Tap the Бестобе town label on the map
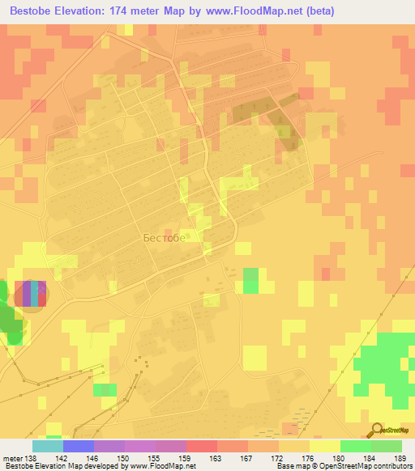click(x=164, y=238)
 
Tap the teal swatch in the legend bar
click(x=47, y=445)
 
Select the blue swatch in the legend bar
click(x=78, y=445)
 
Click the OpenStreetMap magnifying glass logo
click(x=376, y=430)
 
